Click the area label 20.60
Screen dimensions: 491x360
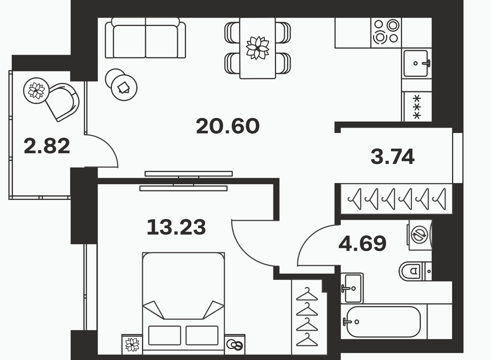click(x=228, y=126)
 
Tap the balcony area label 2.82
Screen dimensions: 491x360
click(x=47, y=146)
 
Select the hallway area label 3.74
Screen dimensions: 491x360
click(x=392, y=156)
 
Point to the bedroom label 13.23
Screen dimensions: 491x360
click(x=176, y=227)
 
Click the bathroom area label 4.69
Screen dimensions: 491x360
click(x=362, y=243)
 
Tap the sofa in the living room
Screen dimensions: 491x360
click(x=145, y=38)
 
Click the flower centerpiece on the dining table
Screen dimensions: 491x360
click(x=258, y=48)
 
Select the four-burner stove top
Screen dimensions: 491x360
click(x=386, y=32)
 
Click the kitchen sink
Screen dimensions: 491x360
click(x=416, y=63)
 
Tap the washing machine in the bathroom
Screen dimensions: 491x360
click(x=420, y=235)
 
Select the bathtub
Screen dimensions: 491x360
click(x=384, y=322)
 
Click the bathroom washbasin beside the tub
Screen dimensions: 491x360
click(x=352, y=288)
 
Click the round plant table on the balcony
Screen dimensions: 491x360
click(x=36, y=91)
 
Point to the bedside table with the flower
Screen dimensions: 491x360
click(x=132, y=344)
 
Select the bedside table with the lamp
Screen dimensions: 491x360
click(x=235, y=344)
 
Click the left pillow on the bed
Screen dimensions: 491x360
click(x=165, y=335)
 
